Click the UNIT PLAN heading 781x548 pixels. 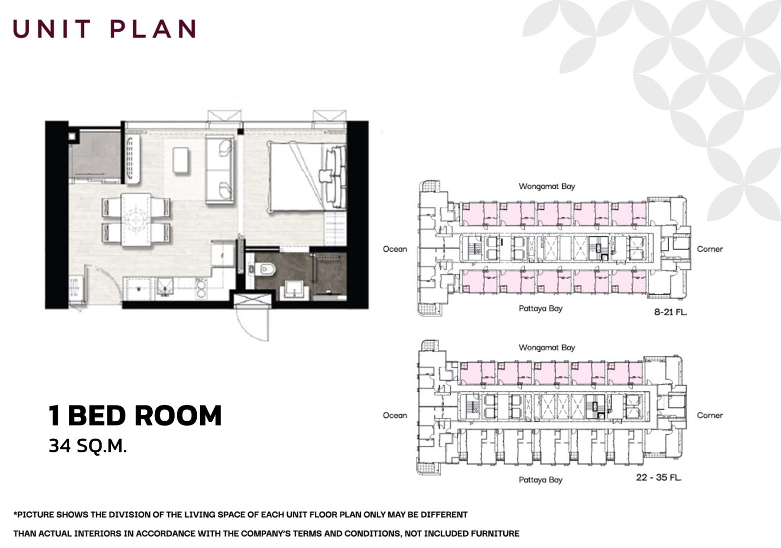[x=104, y=29]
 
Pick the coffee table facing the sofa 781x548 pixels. [x=181, y=160]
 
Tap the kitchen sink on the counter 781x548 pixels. [x=165, y=289]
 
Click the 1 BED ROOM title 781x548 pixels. [x=135, y=415]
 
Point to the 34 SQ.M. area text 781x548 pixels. [x=88, y=446]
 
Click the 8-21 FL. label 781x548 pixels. [x=670, y=311]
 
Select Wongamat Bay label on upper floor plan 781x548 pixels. [x=547, y=186]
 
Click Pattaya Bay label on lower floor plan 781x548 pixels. [x=540, y=480]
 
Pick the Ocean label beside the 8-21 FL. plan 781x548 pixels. [x=394, y=249]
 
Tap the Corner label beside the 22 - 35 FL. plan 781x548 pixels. [x=709, y=415]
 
